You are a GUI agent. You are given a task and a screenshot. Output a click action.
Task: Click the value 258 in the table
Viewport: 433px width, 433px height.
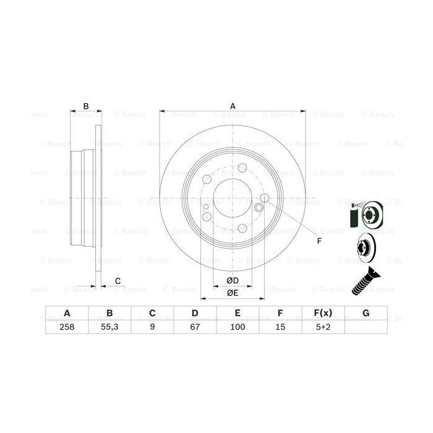pyautogui.click(x=67, y=328)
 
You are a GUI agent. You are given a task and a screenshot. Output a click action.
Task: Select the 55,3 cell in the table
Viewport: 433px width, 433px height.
pyautogui.click(x=109, y=328)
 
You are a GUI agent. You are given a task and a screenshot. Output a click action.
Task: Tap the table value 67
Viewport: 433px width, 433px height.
pyautogui.click(x=195, y=328)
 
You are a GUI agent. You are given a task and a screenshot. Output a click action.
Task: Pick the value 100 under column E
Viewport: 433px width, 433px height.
pyautogui.click(x=238, y=328)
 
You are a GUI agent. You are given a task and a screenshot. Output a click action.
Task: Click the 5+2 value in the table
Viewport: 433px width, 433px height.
pyautogui.click(x=323, y=328)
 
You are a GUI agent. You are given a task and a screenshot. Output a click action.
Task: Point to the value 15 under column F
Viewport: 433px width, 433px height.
pyautogui.click(x=280, y=328)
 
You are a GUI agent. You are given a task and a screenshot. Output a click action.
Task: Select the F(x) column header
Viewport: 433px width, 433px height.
pyautogui.click(x=323, y=313)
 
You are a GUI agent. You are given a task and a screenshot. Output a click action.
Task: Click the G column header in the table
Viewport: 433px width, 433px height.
pyautogui.click(x=366, y=313)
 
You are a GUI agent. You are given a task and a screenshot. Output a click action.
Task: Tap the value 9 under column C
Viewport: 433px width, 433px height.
pyautogui.click(x=152, y=328)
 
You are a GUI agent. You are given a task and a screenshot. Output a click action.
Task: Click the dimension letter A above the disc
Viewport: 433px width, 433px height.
pyautogui.click(x=233, y=106)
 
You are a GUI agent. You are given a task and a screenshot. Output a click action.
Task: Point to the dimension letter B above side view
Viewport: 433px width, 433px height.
pyautogui.click(x=86, y=106)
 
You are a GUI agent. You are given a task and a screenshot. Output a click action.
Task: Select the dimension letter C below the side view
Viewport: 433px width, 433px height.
pyautogui.click(x=117, y=282)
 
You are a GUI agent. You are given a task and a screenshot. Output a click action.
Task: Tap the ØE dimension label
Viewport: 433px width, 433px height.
pyautogui.click(x=233, y=293)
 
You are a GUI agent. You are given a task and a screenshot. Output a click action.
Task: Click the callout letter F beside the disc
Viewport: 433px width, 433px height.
pyautogui.click(x=319, y=241)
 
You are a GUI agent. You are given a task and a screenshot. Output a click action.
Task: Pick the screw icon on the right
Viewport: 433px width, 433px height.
pyautogui.click(x=366, y=282)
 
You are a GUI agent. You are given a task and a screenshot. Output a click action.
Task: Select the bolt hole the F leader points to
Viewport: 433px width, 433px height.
pyautogui.click(x=264, y=198)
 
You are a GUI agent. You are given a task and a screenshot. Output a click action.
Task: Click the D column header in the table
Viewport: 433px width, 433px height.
pyautogui.click(x=195, y=313)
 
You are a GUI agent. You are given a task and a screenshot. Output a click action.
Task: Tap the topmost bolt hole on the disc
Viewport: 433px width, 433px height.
pyautogui.click(x=242, y=167)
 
